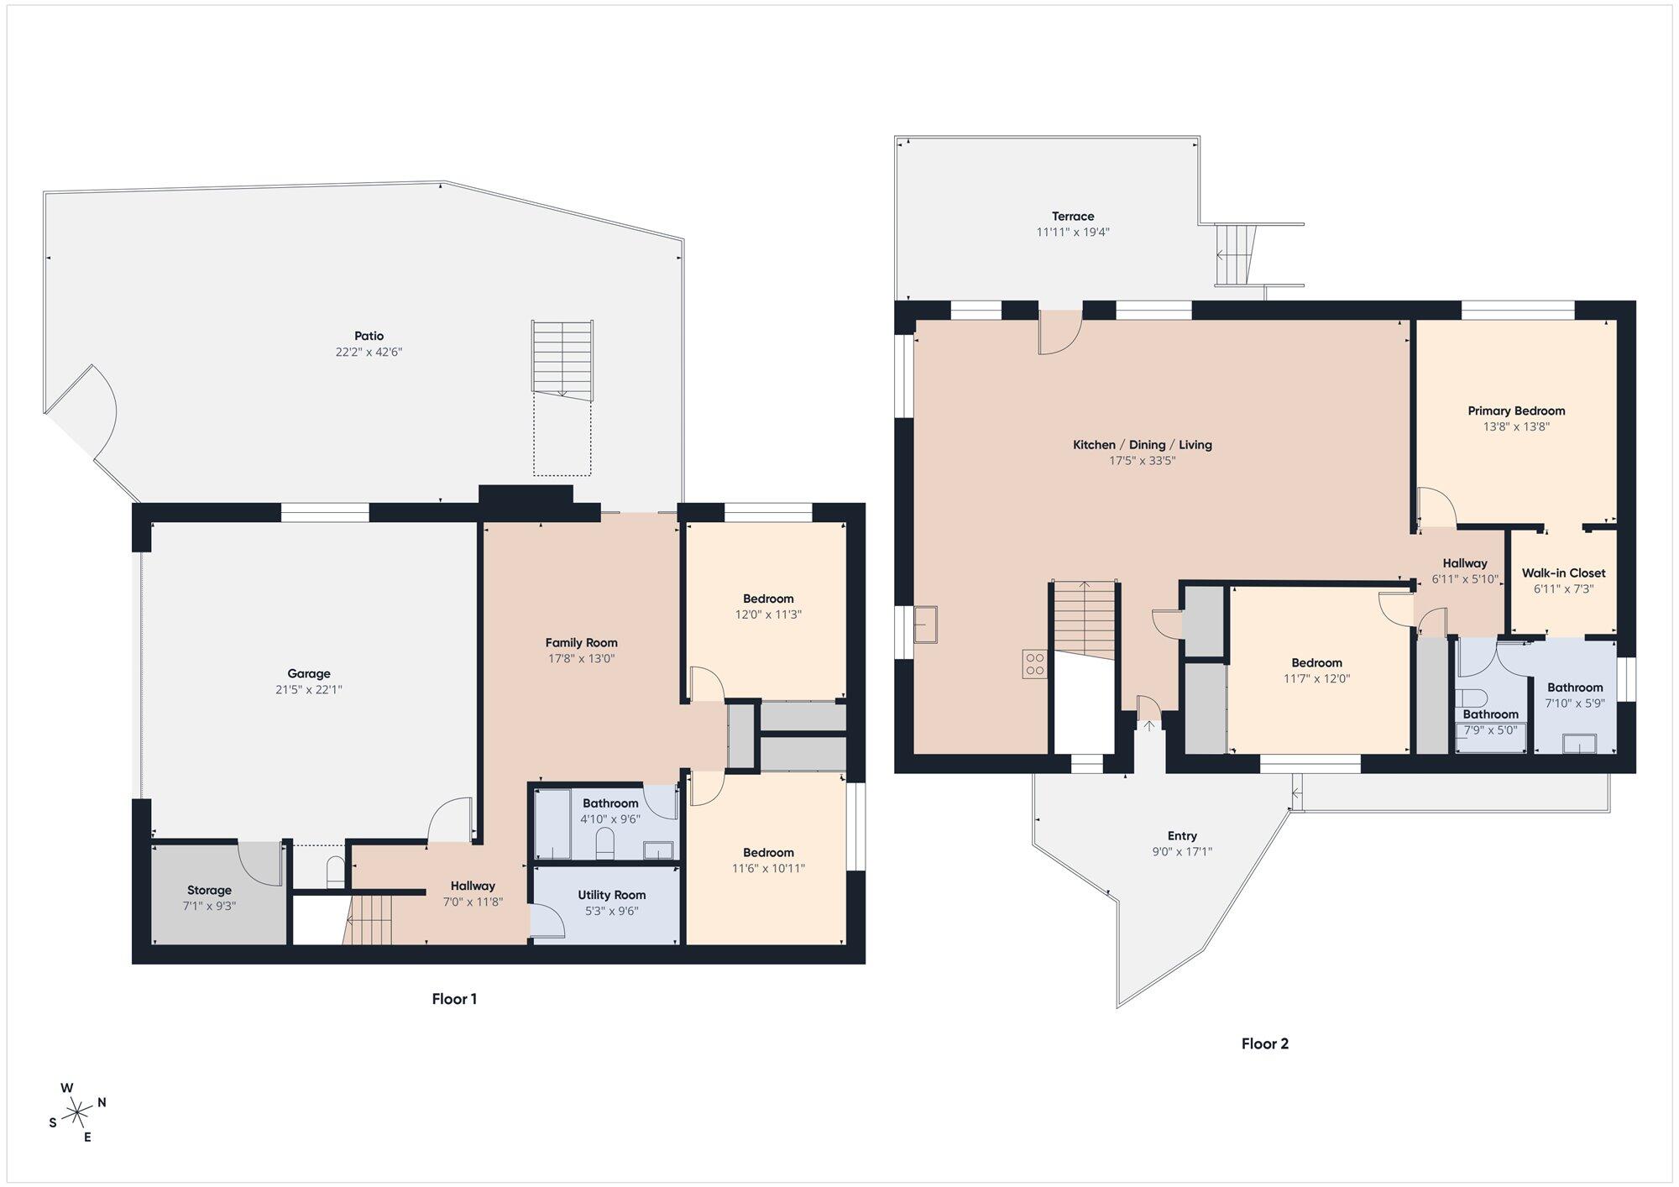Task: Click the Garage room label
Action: [x=308, y=673]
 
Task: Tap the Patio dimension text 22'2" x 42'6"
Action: [x=369, y=352]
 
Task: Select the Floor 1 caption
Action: [x=454, y=999]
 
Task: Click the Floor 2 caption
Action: [x=1264, y=1043]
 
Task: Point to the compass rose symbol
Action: [x=77, y=1113]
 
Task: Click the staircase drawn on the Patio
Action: [x=562, y=359]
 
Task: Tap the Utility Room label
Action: [x=611, y=895]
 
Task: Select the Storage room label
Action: [x=209, y=890]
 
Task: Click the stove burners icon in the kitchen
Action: [x=1034, y=664]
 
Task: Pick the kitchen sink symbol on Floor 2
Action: [x=926, y=625]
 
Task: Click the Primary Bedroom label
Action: [x=1516, y=410]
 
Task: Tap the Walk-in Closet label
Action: [x=1563, y=573]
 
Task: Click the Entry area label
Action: [x=1182, y=835]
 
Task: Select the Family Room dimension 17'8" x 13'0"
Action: [x=581, y=659]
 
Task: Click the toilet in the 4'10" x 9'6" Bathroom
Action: [x=604, y=843]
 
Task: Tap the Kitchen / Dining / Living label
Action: [x=1142, y=445]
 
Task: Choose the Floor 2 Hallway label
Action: [x=1465, y=563]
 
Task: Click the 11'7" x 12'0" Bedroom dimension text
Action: [x=1316, y=679]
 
